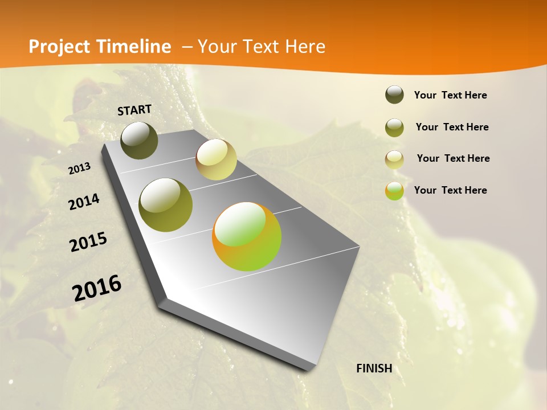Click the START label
pos(134,110)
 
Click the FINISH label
pos(374,368)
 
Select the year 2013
pos(79,169)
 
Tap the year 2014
pos(84,202)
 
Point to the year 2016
pos(97,288)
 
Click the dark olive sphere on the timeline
pos(139,140)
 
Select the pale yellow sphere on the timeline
pos(216,159)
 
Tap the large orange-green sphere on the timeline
pos(247,236)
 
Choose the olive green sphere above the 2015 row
pos(165,205)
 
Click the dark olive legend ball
pos(394,95)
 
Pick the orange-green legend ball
pos(394,191)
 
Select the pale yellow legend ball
pos(394,159)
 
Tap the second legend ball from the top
pos(394,128)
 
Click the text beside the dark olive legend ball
pos(450,95)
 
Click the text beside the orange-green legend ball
pos(450,190)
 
